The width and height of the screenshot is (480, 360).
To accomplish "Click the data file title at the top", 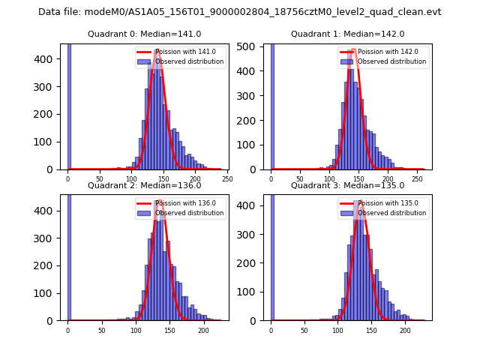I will coord(239,12).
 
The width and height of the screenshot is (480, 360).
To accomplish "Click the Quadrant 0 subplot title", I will coord(144,34).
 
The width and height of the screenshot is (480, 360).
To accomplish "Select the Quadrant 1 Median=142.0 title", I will coord(347,34).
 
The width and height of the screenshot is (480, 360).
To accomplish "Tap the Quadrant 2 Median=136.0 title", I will coord(144,185).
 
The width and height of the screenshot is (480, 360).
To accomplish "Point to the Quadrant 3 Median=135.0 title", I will coord(347,185).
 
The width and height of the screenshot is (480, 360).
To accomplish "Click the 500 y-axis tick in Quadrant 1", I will coord(253,47).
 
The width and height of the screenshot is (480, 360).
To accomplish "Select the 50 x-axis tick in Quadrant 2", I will coord(102,330).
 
